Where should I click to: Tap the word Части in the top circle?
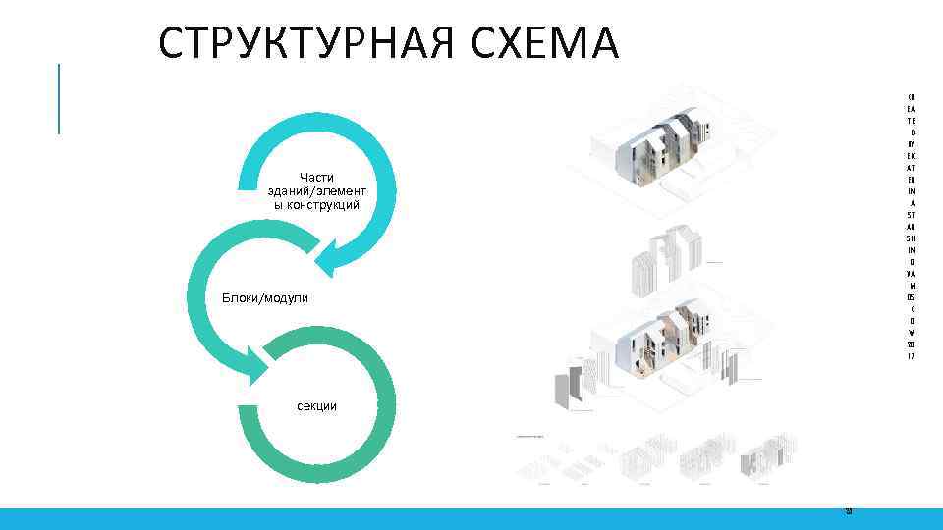316,177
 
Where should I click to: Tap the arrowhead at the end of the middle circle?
257,365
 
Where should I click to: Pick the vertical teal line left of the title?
59,98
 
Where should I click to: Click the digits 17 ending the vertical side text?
911,356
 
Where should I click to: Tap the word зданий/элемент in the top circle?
316,190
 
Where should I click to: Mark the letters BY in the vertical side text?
911,144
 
